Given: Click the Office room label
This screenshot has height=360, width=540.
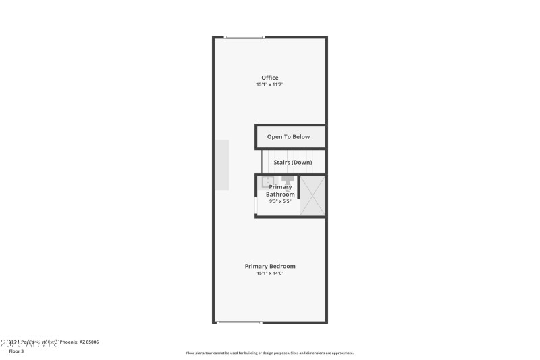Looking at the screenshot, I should pyautogui.click(x=270, y=78).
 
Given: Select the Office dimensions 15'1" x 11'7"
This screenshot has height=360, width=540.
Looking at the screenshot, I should pyautogui.click(x=270, y=85).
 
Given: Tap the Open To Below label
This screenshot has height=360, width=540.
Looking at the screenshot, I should pyautogui.click(x=288, y=137).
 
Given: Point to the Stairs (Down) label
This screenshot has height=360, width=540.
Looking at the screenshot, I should pyautogui.click(x=292, y=163).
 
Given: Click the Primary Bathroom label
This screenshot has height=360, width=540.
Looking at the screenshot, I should pyautogui.click(x=280, y=190).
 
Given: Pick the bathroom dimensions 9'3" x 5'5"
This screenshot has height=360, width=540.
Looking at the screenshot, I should pyautogui.click(x=279, y=201).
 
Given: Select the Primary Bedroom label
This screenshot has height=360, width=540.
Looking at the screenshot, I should pyautogui.click(x=270, y=266).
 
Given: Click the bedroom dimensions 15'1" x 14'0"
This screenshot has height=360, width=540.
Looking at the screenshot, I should pyautogui.click(x=270, y=274).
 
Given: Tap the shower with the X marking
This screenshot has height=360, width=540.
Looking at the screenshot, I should pyautogui.click(x=313, y=197).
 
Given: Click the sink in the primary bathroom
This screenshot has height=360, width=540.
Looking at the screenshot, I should pyautogui.click(x=267, y=181).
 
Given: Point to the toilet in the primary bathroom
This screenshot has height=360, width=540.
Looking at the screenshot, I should pyautogui.click(x=288, y=180).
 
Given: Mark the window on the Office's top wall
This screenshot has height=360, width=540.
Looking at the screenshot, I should pyautogui.click(x=244, y=37).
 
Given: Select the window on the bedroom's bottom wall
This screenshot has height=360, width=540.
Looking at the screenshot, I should pyautogui.click(x=239, y=322).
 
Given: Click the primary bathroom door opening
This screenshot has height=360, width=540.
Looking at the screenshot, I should pyautogui.click(x=256, y=205).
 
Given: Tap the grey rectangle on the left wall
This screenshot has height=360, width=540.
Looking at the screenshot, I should pyautogui.click(x=222, y=165).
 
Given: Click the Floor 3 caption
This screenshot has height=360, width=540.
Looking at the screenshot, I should pyautogui.click(x=16, y=351).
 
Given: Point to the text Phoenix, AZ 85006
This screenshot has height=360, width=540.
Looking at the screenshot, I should pyautogui.click(x=80, y=342).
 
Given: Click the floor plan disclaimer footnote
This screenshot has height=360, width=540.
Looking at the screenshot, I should pyautogui.click(x=270, y=353).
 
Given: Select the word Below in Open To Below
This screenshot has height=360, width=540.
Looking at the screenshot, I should pyautogui.click(x=300, y=137).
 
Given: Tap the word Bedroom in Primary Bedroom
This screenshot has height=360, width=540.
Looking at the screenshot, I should pyautogui.click(x=283, y=266).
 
